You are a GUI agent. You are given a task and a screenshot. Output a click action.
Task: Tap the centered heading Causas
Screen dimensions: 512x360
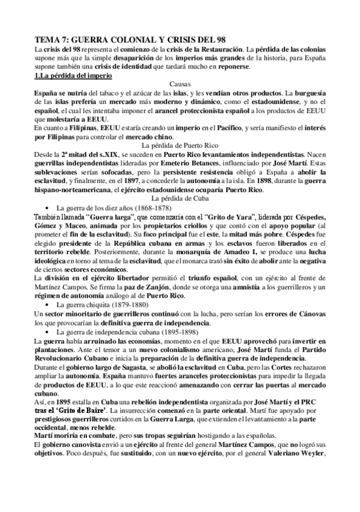[x=180, y=85]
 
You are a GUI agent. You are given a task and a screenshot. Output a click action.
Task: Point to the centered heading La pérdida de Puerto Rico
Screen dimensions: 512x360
[x=180, y=146]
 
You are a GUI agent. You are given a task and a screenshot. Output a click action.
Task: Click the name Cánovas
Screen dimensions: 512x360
[x=310, y=315]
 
